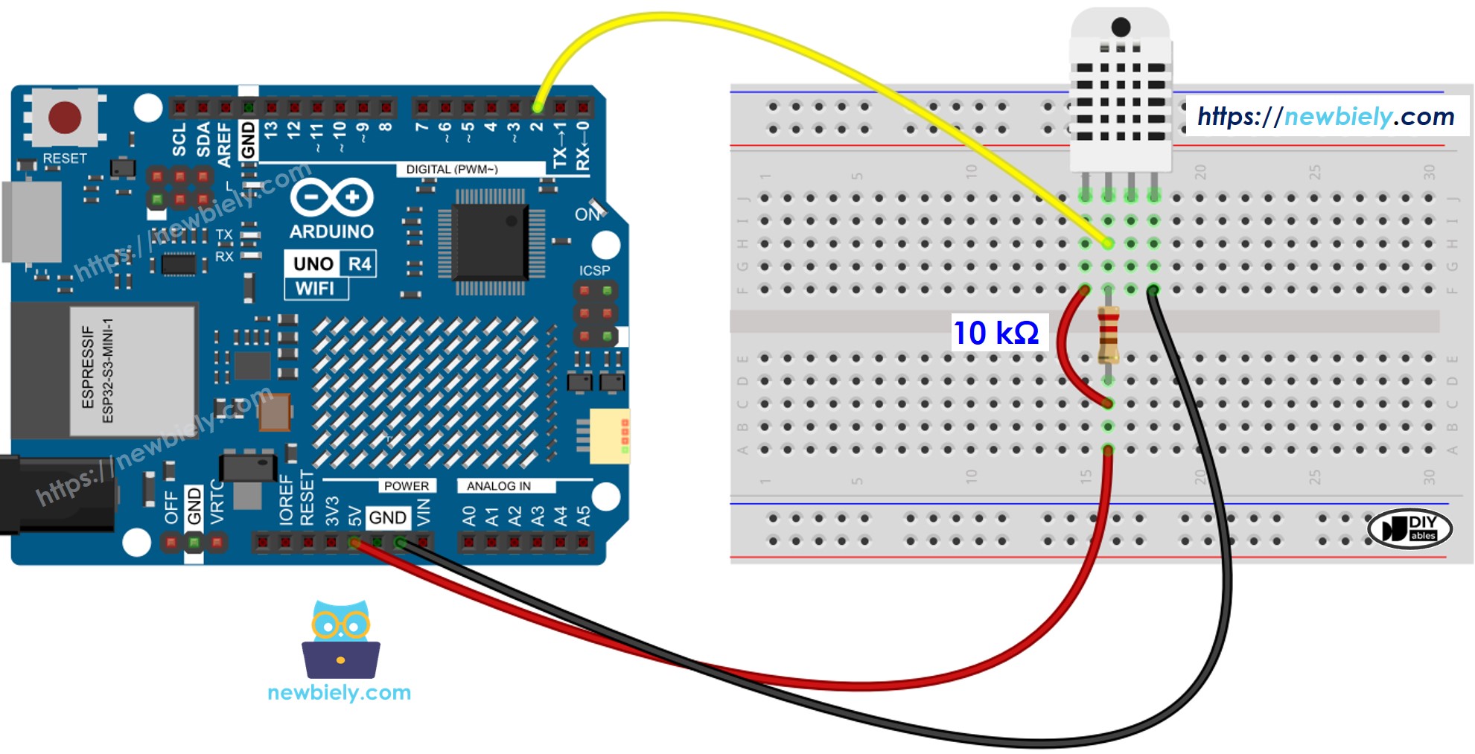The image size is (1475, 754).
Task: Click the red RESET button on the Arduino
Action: pyautogui.click(x=64, y=118)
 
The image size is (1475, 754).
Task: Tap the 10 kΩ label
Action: pyautogui.click(x=996, y=333)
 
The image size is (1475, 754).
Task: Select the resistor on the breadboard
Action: pyautogui.click(x=1108, y=335)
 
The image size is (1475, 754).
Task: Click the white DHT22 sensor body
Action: pyautogui.click(x=1120, y=97)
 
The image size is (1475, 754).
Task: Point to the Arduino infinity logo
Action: pyautogui.click(x=331, y=198)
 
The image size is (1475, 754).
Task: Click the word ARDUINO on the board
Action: pyautogui.click(x=331, y=231)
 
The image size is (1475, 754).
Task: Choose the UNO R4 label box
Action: pyautogui.click(x=331, y=263)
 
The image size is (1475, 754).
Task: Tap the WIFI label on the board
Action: pyautogui.click(x=315, y=289)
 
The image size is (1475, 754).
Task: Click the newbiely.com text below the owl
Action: pyautogui.click(x=339, y=693)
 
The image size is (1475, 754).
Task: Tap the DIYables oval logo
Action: pyautogui.click(x=1410, y=528)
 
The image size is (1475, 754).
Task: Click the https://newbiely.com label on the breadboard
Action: pyautogui.click(x=1325, y=116)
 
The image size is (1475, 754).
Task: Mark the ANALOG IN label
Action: pyautogui.click(x=498, y=486)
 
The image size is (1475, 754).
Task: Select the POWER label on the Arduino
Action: pyautogui.click(x=406, y=486)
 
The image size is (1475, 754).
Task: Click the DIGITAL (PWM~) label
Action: pyautogui.click(x=451, y=170)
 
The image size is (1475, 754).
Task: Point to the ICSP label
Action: pyautogui.click(x=594, y=270)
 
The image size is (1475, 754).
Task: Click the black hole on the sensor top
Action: pyautogui.click(x=1121, y=28)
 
